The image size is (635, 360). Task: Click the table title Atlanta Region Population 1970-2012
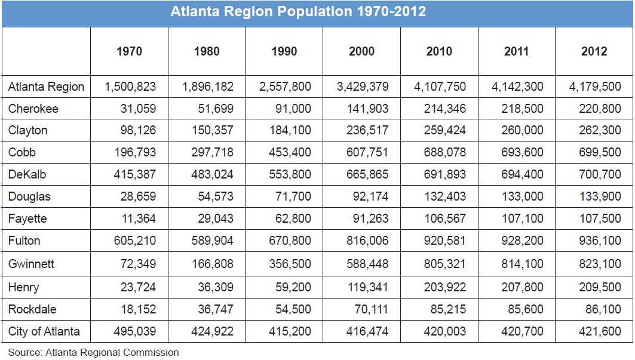click(x=298, y=12)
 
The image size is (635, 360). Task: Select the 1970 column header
click(x=129, y=51)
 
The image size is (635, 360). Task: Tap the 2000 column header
click(x=361, y=51)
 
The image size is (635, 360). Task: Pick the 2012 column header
click(x=594, y=51)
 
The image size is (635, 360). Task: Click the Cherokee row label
click(x=33, y=109)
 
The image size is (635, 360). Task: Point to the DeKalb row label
click(x=28, y=174)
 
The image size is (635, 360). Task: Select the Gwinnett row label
click(x=32, y=263)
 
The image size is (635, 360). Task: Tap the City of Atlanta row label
click(x=44, y=331)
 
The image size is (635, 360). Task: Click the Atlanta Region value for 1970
click(x=130, y=87)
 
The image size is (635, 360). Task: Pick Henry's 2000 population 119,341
click(x=368, y=287)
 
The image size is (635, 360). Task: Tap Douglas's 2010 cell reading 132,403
click(x=445, y=196)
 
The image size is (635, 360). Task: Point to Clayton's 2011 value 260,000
click(x=523, y=130)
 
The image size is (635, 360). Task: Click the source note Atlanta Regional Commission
click(x=93, y=352)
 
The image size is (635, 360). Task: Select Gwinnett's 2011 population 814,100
click(x=523, y=263)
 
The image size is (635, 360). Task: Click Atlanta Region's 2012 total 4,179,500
click(x=595, y=87)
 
